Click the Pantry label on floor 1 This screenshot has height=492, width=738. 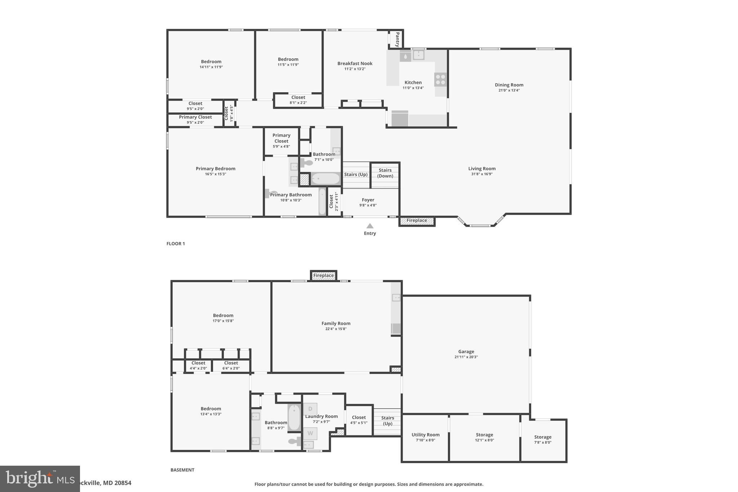click(x=397, y=39)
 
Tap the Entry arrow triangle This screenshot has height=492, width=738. click(x=370, y=226)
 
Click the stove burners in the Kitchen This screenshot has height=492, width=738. click(x=440, y=80)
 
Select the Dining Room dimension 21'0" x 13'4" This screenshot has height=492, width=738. click(x=509, y=90)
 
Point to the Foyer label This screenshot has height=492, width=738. click(x=368, y=200)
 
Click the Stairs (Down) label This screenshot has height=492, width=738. click(x=385, y=173)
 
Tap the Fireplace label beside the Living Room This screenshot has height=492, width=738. click(x=417, y=221)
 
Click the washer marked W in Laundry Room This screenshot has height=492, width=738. click(x=310, y=433)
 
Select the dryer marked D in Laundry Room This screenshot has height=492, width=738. click(x=310, y=409)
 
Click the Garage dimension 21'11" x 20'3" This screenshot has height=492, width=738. click(x=466, y=357)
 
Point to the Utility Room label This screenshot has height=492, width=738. click(x=425, y=435)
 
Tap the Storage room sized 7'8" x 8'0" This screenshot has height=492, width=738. click(x=543, y=439)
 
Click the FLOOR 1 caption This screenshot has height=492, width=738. click(x=175, y=244)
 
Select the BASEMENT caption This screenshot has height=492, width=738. click(x=182, y=470)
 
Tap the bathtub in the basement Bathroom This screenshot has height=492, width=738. click(x=294, y=418)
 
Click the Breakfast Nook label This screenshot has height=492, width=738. click(x=355, y=63)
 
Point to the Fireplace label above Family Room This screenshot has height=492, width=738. click(x=323, y=275)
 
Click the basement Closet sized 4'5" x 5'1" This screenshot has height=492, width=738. click(x=359, y=420)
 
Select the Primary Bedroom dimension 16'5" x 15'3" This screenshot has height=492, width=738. click(x=215, y=174)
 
